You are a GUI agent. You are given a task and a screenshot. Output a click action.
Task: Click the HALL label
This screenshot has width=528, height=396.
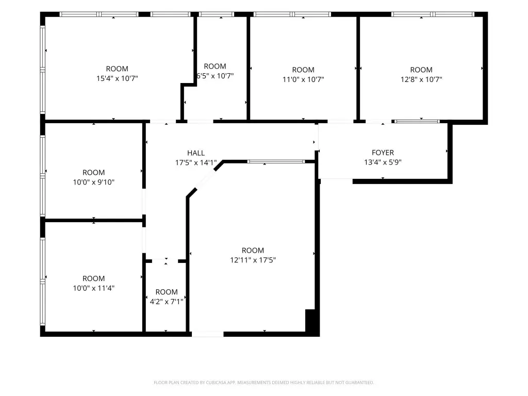coord(196,153)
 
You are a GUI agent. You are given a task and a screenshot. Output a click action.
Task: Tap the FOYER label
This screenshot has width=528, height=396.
coord(383,153)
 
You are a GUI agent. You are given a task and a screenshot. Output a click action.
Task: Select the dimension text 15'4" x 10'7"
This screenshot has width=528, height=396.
coord(117,78)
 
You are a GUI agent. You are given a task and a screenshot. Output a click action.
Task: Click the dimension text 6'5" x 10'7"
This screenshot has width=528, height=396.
coord(215,76)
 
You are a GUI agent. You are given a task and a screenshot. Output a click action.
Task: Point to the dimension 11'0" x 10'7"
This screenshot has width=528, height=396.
coord(303,79)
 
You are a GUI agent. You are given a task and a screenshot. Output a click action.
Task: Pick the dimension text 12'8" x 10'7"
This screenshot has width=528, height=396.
coord(421,79)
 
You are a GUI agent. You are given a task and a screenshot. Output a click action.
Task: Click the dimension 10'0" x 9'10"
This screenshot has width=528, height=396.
coord(94,182)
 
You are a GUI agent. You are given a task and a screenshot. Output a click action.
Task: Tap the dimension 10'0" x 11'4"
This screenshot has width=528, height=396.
coord(94,288)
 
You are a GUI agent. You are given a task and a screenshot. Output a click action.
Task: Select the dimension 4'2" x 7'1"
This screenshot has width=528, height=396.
coord(167,302)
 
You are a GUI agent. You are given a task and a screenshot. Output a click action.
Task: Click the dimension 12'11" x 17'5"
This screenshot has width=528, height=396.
coord(253,260)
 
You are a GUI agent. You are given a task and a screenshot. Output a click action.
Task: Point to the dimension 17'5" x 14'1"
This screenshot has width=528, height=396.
coord(196,163)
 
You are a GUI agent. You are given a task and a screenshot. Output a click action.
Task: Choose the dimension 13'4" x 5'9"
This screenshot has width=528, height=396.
coord(383,162)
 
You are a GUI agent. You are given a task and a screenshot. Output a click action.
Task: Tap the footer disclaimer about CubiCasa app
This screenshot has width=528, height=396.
coord(263,383)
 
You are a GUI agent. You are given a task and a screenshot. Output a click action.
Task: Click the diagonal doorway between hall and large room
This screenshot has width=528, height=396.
coord(205,179)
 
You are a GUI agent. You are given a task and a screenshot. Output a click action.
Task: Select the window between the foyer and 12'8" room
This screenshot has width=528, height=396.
coord(417,121)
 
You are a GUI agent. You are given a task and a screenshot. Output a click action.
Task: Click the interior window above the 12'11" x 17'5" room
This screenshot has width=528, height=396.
coord(276,161)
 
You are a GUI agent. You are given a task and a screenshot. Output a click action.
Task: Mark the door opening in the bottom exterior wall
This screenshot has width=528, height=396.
coord(208,334)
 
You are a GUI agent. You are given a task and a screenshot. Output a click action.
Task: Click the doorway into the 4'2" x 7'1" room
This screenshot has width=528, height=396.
coord(165,261)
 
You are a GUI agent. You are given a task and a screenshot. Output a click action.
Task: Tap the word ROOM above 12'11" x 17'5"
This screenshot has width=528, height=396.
coord(253,251)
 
